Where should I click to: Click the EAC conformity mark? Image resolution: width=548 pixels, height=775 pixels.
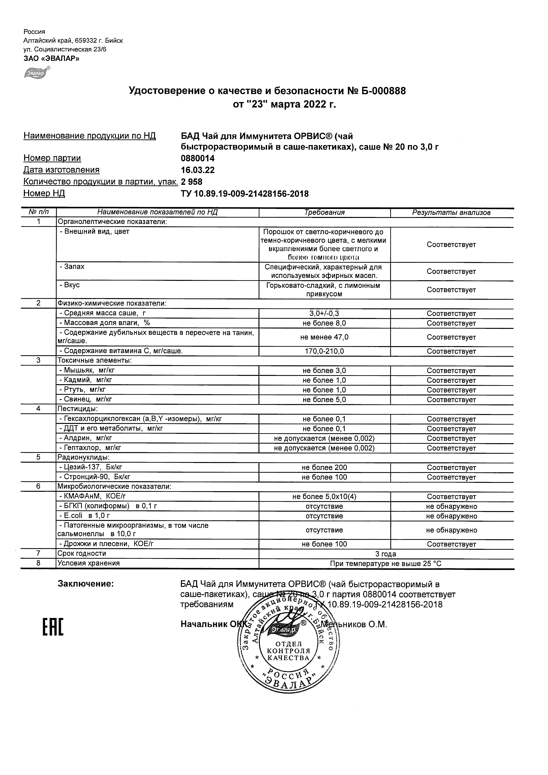[x=53, y=628]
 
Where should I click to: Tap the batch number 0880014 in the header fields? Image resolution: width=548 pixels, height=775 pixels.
[x=197, y=158]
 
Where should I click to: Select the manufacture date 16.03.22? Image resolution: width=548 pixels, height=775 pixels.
[x=197, y=170]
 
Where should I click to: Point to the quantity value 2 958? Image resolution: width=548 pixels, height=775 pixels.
[x=192, y=182]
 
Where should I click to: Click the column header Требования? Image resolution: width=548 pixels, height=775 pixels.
[x=324, y=212]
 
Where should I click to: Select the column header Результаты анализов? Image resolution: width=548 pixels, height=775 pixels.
[x=451, y=213]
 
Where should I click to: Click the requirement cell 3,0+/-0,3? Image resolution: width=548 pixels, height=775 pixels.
[x=324, y=313]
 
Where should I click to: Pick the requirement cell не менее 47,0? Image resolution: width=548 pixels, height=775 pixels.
[x=324, y=337]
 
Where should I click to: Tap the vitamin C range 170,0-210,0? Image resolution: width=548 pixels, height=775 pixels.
[x=324, y=351]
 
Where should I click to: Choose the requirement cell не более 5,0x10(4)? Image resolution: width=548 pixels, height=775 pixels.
[x=324, y=496]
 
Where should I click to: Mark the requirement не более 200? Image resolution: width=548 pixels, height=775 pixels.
[x=324, y=468]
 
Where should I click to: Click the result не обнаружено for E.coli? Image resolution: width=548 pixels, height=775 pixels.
[x=452, y=516]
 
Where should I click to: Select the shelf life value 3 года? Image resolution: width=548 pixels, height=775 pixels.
[x=386, y=554]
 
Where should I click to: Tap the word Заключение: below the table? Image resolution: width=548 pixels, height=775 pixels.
[x=86, y=584]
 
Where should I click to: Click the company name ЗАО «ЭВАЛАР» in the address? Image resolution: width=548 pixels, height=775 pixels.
[x=51, y=58]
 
